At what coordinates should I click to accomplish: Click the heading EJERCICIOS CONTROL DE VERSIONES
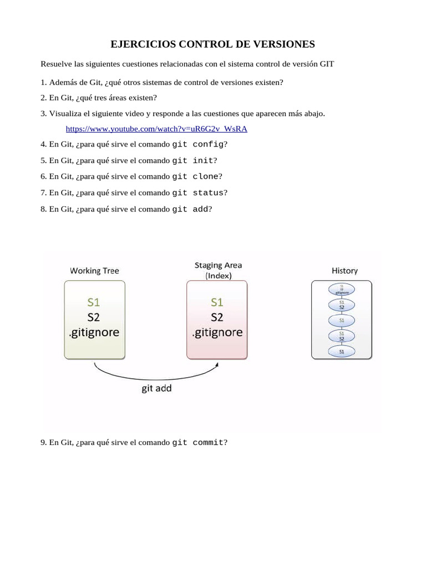click(x=212, y=44)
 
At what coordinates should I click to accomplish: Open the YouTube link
click(x=156, y=129)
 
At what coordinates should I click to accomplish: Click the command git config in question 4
click(x=197, y=144)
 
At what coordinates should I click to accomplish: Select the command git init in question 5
click(x=192, y=160)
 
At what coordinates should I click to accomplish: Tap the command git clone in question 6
click(x=195, y=176)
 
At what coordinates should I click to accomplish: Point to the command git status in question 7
click(x=197, y=192)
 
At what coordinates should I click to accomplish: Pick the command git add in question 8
click(x=190, y=209)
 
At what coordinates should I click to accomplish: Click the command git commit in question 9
click(x=197, y=443)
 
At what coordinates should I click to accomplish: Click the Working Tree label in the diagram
click(x=94, y=271)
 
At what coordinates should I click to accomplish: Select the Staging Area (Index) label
click(x=218, y=270)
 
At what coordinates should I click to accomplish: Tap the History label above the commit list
click(x=344, y=271)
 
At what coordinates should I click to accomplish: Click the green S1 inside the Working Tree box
click(x=94, y=302)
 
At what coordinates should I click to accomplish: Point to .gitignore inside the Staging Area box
click(x=217, y=333)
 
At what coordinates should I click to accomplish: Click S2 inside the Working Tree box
click(x=94, y=317)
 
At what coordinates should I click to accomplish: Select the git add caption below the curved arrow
click(x=156, y=388)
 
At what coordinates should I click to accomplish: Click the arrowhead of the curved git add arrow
click(x=217, y=364)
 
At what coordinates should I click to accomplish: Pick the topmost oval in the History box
click(x=342, y=289)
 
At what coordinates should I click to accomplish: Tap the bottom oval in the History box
click(x=342, y=352)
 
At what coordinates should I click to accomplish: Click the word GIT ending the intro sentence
click(x=327, y=64)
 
